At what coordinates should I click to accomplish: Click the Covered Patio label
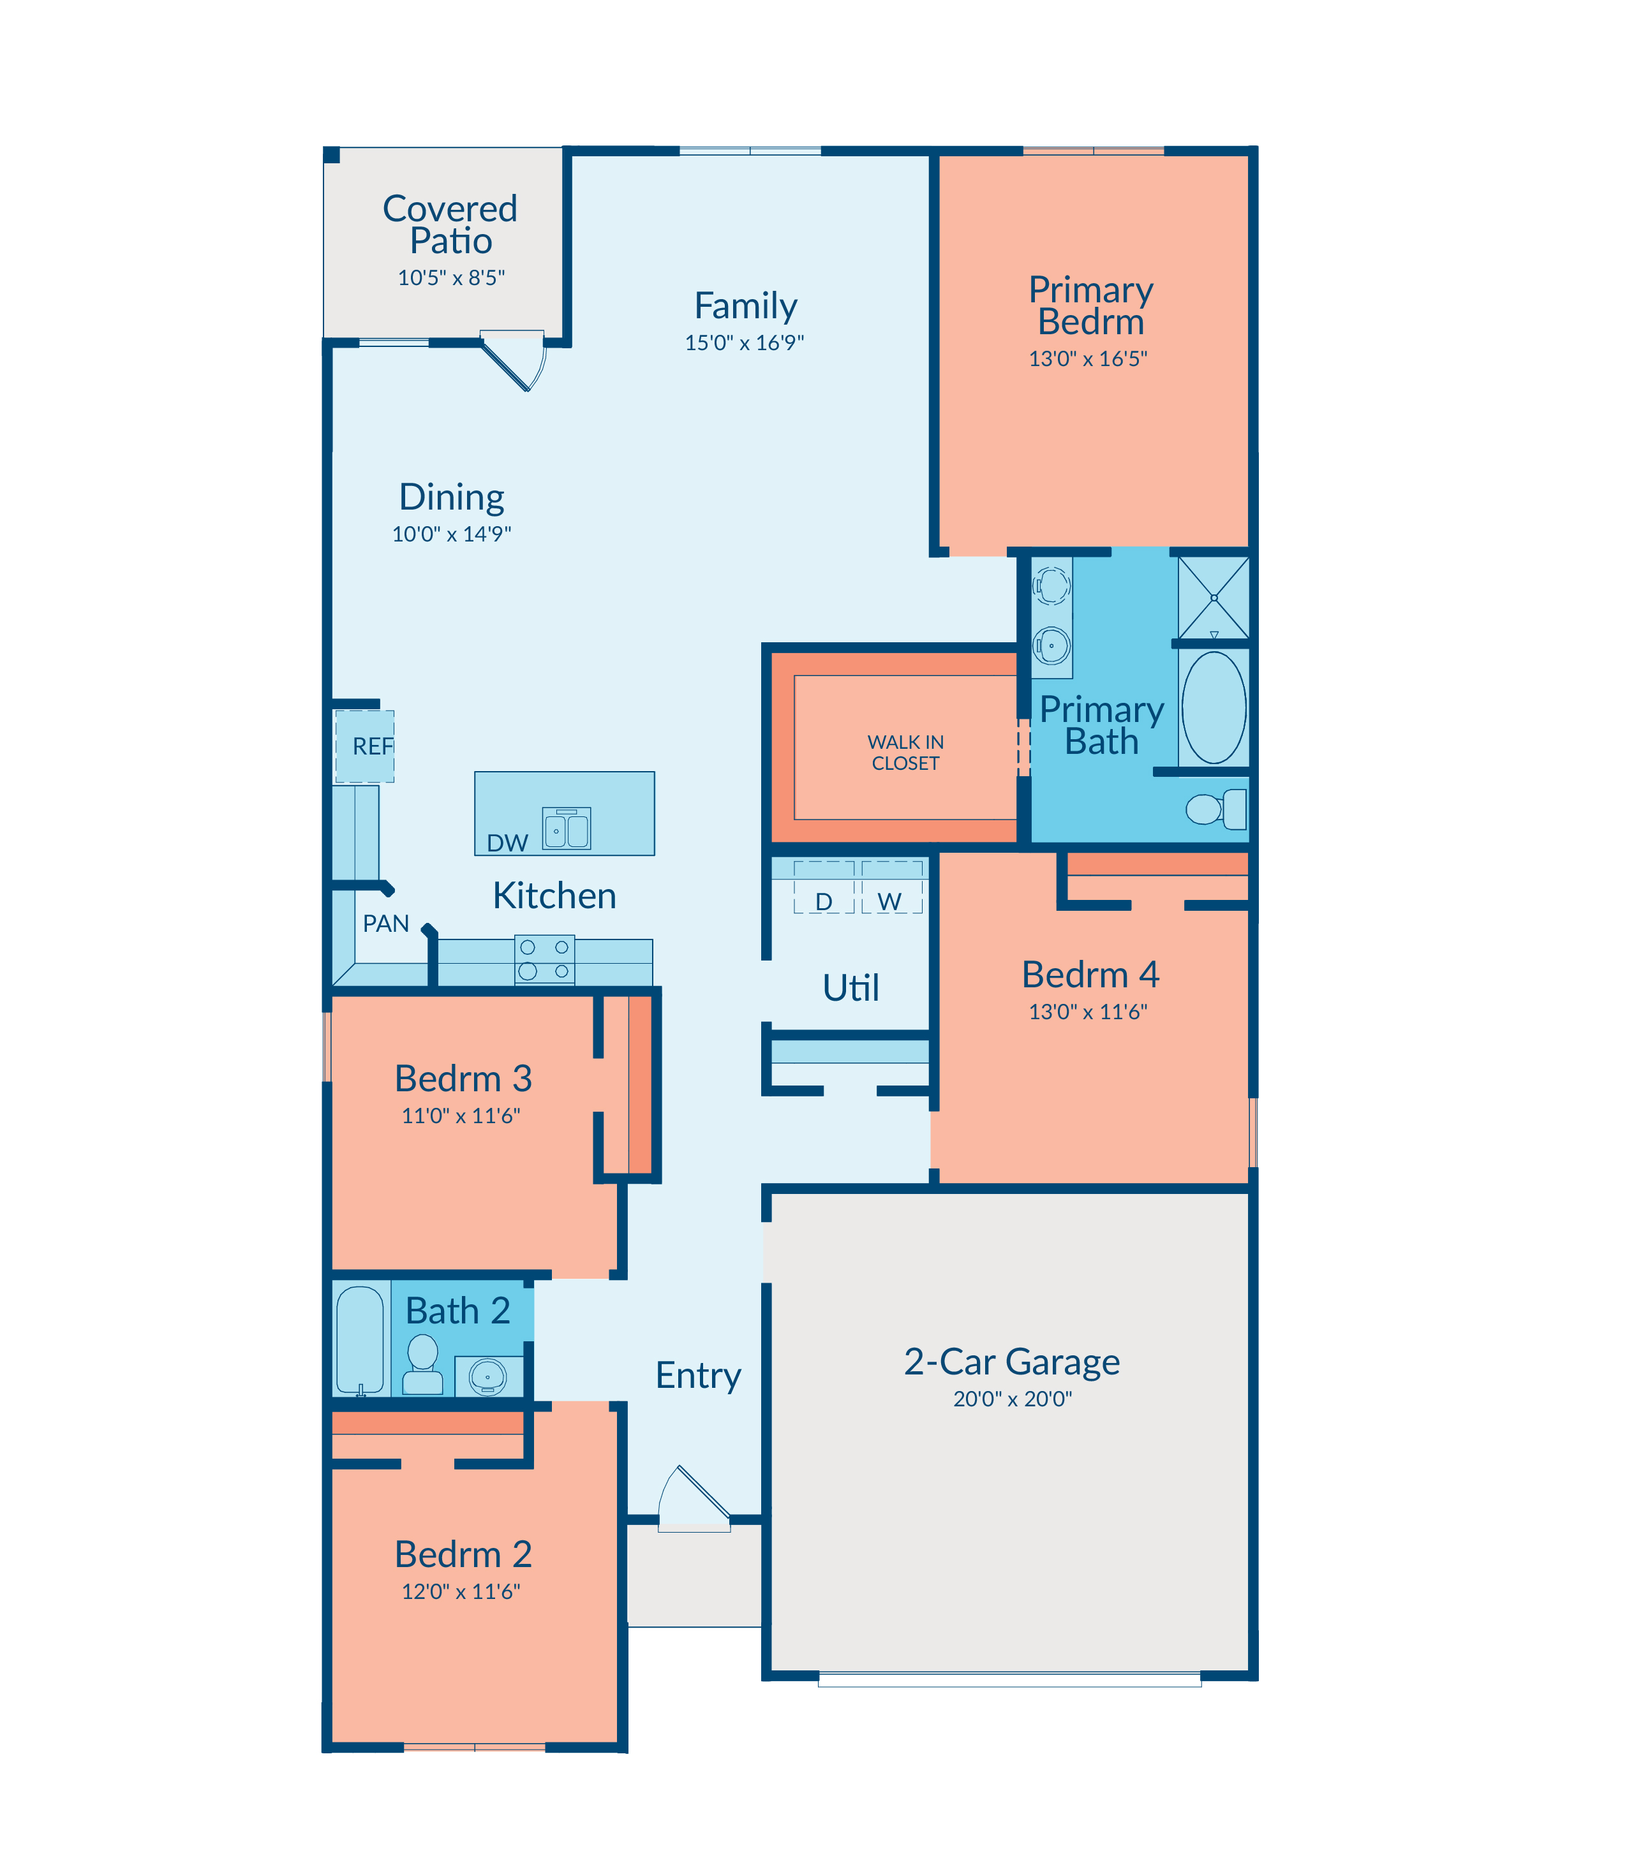tap(450, 224)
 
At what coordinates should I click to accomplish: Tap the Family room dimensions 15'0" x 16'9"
tap(745, 343)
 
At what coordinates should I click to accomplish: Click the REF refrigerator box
tap(365, 746)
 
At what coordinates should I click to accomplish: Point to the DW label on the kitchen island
tap(507, 843)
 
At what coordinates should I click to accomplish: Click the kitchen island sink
tap(567, 829)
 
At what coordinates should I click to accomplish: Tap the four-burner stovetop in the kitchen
tap(545, 959)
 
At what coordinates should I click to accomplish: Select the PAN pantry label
tap(386, 924)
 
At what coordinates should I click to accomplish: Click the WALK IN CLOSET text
tap(905, 753)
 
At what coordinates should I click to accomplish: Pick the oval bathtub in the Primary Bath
tap(1214, 707)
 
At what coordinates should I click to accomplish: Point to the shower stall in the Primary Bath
tap(1214, 598)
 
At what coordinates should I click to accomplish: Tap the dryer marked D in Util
tap(824, 888)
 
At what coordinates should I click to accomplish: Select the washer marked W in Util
tap(891, 888)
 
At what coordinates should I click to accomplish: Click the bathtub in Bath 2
tap(360, 1341)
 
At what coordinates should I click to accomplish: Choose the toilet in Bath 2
tap(422, 1364)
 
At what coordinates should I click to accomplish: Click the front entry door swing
tap(695, 1499)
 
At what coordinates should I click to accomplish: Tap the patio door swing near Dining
tap(514, 360)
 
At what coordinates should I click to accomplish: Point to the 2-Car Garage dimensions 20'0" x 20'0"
tap(1013, 1399)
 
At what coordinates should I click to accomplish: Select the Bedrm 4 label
tap(1090, 975)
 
